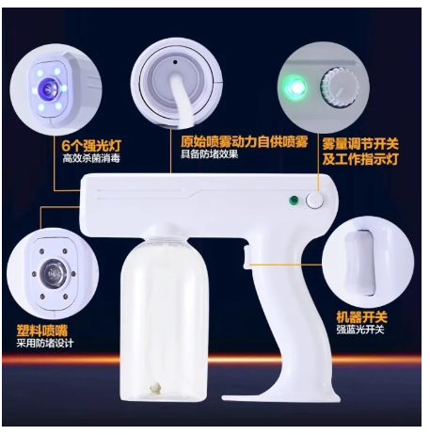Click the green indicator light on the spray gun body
pyautogui.click(x=294, y=200)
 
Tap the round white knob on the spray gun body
pyautogui.click(x=314, y=201)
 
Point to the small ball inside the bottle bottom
pyautogui.click(x=155, y=388)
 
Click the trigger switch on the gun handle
pyautogui.click(x=247, y=257)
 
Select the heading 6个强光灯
pyautogui.click(x=91, y=146)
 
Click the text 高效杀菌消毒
pyautogui.click(x=91, y=158)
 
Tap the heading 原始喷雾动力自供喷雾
pyautogui.click(x=244, y=142)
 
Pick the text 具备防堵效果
pyautogui.click(x=209, y=154)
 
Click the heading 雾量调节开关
pyautogui.click(x=360, y=144)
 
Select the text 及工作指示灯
pyautogui.click(x=360, y=159)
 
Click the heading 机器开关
pyautogui.click(x=362, y=317)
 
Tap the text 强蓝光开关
pyautogui.click(x=360, y=330)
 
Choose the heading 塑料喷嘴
pyautogui.click(x=42, y=330)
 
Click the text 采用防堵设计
pyautogui.click(x=45, y=343)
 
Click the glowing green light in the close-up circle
pyautogui.click(x=295, y=87)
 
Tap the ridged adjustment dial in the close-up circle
pyautogui.click(x=340, y=88)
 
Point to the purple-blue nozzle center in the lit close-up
pyautogui.click(x=49, y=88)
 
